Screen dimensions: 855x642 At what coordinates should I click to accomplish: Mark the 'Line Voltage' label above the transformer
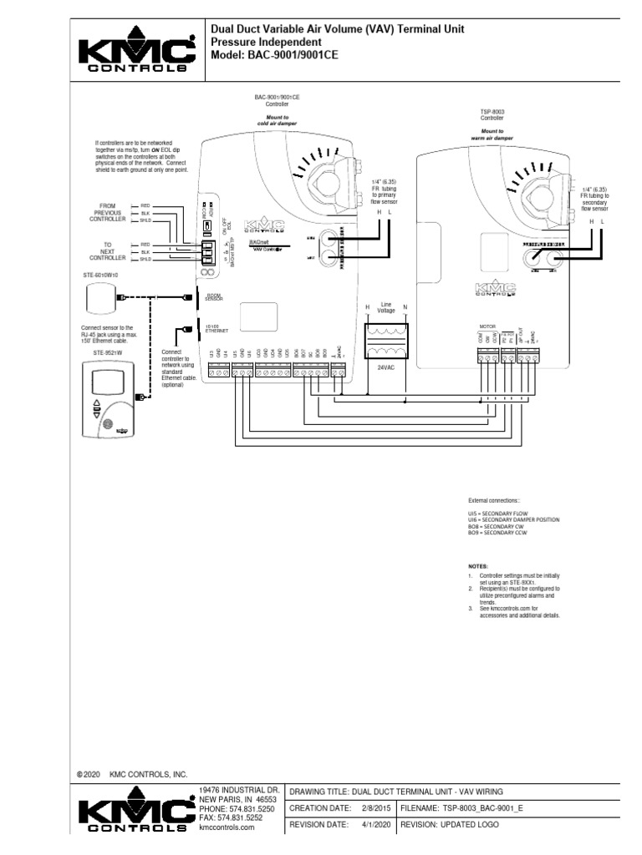pos(386,308)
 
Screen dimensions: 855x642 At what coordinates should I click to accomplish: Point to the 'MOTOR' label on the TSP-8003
pos(487,327)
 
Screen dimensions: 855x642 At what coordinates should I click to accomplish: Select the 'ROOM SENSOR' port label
pos(215,296)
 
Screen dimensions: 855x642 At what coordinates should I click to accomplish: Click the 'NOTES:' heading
pos(476,565)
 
